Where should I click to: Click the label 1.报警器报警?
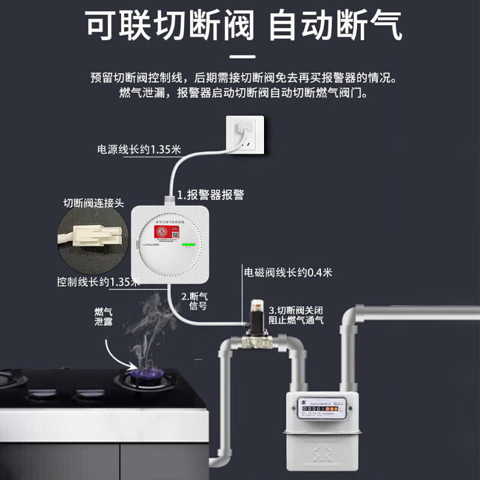coord(210,194)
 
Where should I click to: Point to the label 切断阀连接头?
coord(94,203)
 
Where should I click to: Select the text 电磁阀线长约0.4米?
coord(288,272)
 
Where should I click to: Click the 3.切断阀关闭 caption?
coord(296,315)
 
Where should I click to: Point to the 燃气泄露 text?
coord(103,317)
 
